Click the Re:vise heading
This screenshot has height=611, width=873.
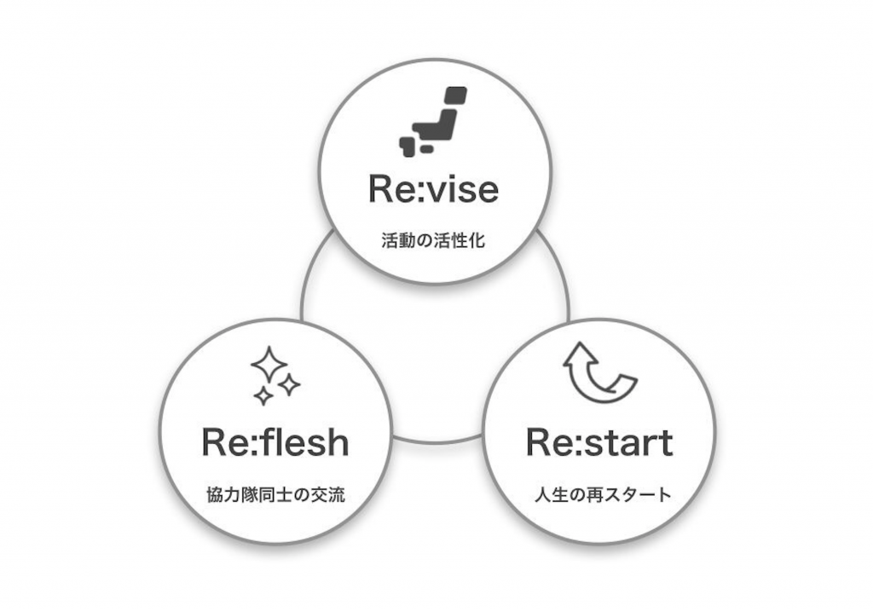[x=433, y=188]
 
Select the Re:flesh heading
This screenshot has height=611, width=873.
[x=275, y=442]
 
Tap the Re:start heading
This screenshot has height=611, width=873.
[x=599, y=442]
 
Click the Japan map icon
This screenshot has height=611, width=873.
[x=433, y=121]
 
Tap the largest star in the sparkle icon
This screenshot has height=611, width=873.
[x=268, y=364]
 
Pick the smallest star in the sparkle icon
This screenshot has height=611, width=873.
[x=264, y=395]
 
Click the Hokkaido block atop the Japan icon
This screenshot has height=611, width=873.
[x=456, y=95]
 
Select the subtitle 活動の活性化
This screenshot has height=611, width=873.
[x=433, y=239]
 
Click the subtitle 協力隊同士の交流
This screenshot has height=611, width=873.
[x=275, y=494]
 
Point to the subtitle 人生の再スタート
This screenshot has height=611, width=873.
[x=598, y=494]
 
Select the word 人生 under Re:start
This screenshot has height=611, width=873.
[x=546, y=494]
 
